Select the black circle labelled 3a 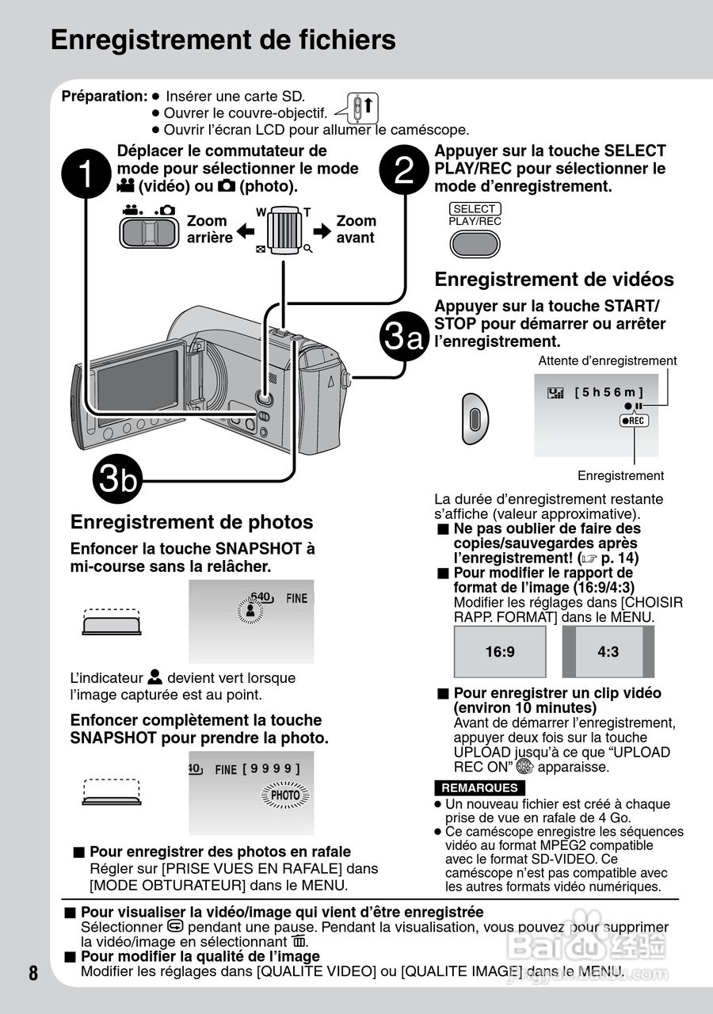(x=404, y=337)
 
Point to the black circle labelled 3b (x=116, y=479)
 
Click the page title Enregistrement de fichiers (x=223, y=40)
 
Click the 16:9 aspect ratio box (x=500, y=652)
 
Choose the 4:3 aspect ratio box (x=608, y=652)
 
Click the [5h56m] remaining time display (x=608, y=392)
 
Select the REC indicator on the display (x=634, y=421)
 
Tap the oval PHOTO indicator (x=285, y=795)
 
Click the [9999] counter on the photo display (x=272, y=768)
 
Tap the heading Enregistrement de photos (x=192, y=522)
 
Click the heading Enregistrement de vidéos (x=555, y=280)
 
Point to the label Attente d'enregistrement (x=608, y=361)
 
